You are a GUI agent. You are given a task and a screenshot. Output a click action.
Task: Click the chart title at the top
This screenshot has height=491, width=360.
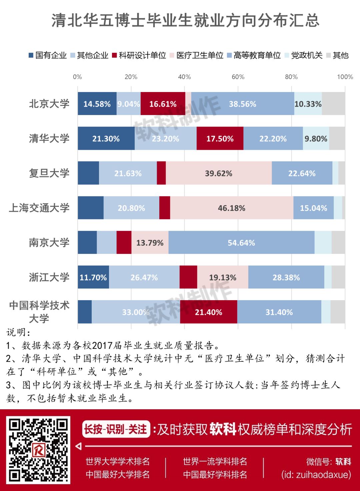point(185,21)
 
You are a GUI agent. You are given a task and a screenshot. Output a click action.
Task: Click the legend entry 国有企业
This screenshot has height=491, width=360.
point(48,55)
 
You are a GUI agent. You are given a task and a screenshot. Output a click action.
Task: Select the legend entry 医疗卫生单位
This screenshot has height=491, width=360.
point(197,55)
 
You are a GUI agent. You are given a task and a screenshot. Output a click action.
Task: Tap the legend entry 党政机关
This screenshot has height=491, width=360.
point(304,55)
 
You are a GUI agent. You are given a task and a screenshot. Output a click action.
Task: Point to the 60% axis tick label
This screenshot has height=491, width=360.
point(238,77)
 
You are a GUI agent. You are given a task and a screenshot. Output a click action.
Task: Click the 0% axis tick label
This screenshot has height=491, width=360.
point(77,77)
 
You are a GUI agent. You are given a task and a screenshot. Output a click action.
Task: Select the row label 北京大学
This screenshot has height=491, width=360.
point(49,104)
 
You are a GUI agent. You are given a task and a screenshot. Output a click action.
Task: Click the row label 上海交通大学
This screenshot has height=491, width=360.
point(39,208)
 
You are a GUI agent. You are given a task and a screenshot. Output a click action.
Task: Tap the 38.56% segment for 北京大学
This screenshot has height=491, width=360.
point(242,104)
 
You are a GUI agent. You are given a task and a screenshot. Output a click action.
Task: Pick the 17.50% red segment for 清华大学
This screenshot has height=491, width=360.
point(220,138)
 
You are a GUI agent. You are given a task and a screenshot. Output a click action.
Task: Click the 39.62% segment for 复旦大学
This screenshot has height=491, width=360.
point(218,173)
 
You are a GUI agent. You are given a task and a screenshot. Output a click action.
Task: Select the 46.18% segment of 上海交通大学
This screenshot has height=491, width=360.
point(231,208)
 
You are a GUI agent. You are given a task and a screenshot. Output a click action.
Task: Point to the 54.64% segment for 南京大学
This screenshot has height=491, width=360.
point(241,242)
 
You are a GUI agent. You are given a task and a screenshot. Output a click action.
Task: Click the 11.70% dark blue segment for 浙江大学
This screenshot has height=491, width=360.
point(93,277)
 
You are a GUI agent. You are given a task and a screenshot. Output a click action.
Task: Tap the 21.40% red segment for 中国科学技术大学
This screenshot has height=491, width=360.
point(208,312)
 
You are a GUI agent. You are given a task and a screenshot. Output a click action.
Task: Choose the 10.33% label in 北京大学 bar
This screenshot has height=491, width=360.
point(308,104)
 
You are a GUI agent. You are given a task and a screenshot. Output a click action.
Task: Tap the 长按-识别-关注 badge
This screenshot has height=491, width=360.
point(115,429)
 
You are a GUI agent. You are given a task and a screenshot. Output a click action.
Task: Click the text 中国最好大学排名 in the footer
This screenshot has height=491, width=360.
point(118,475)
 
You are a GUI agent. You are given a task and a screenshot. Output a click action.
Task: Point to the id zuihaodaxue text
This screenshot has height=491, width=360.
point(316,475)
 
